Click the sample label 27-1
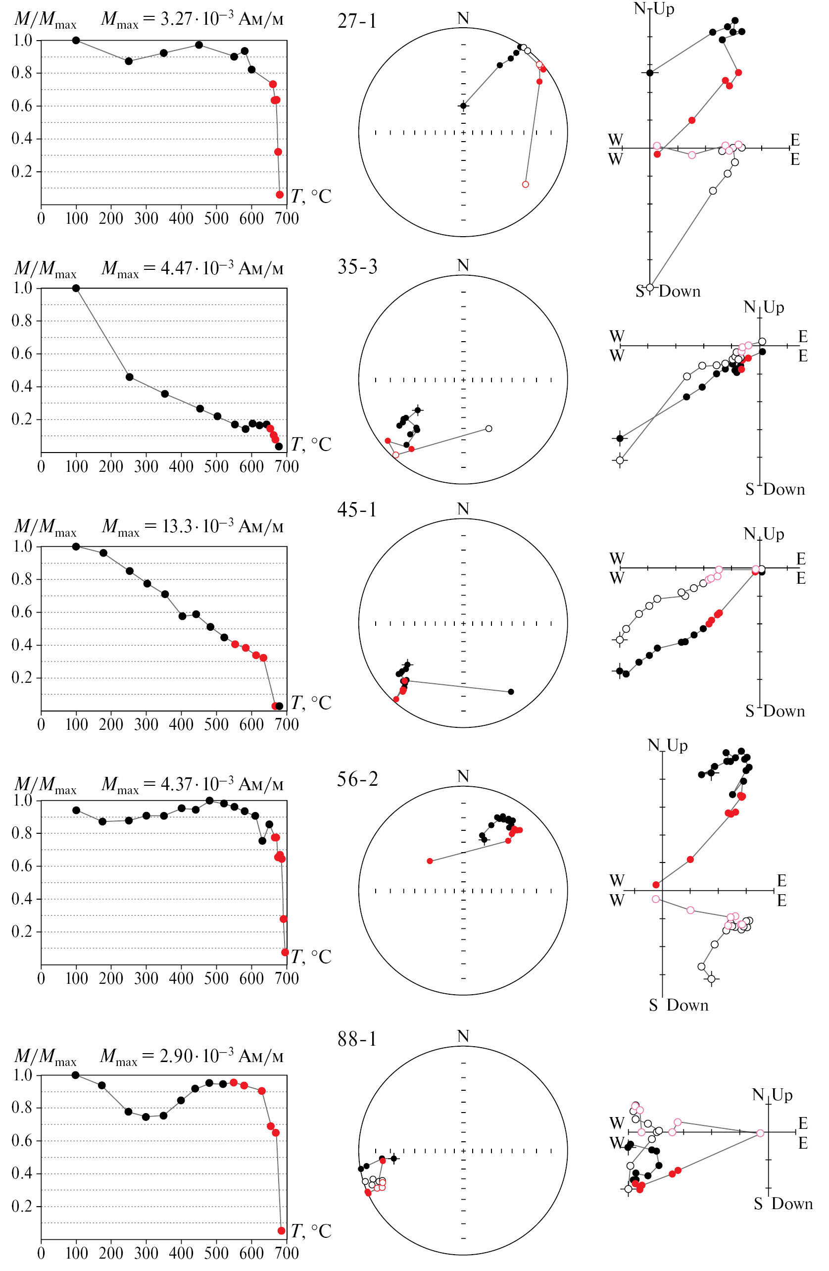click(356, 21)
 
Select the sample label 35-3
click(356, 266)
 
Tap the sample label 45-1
click(356, 509)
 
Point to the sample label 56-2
click(356, 779)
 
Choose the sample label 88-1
click(356, 1039)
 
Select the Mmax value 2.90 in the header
click(176, 1056)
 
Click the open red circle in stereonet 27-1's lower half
click(525, 184)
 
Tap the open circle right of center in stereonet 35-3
click(488, 428)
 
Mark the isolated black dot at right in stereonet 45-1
click(511, 692)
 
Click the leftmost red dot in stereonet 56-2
click(430, 861)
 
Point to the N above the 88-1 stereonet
click(463, 1037)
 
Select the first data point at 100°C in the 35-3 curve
click(76, 288)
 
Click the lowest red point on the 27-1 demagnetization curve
click(280, 195)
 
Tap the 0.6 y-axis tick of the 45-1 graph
click(22, 612)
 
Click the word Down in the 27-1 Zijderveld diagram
click(680, 291)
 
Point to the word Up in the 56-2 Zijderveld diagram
click(677, 745)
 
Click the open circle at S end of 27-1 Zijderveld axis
click(650, 287)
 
